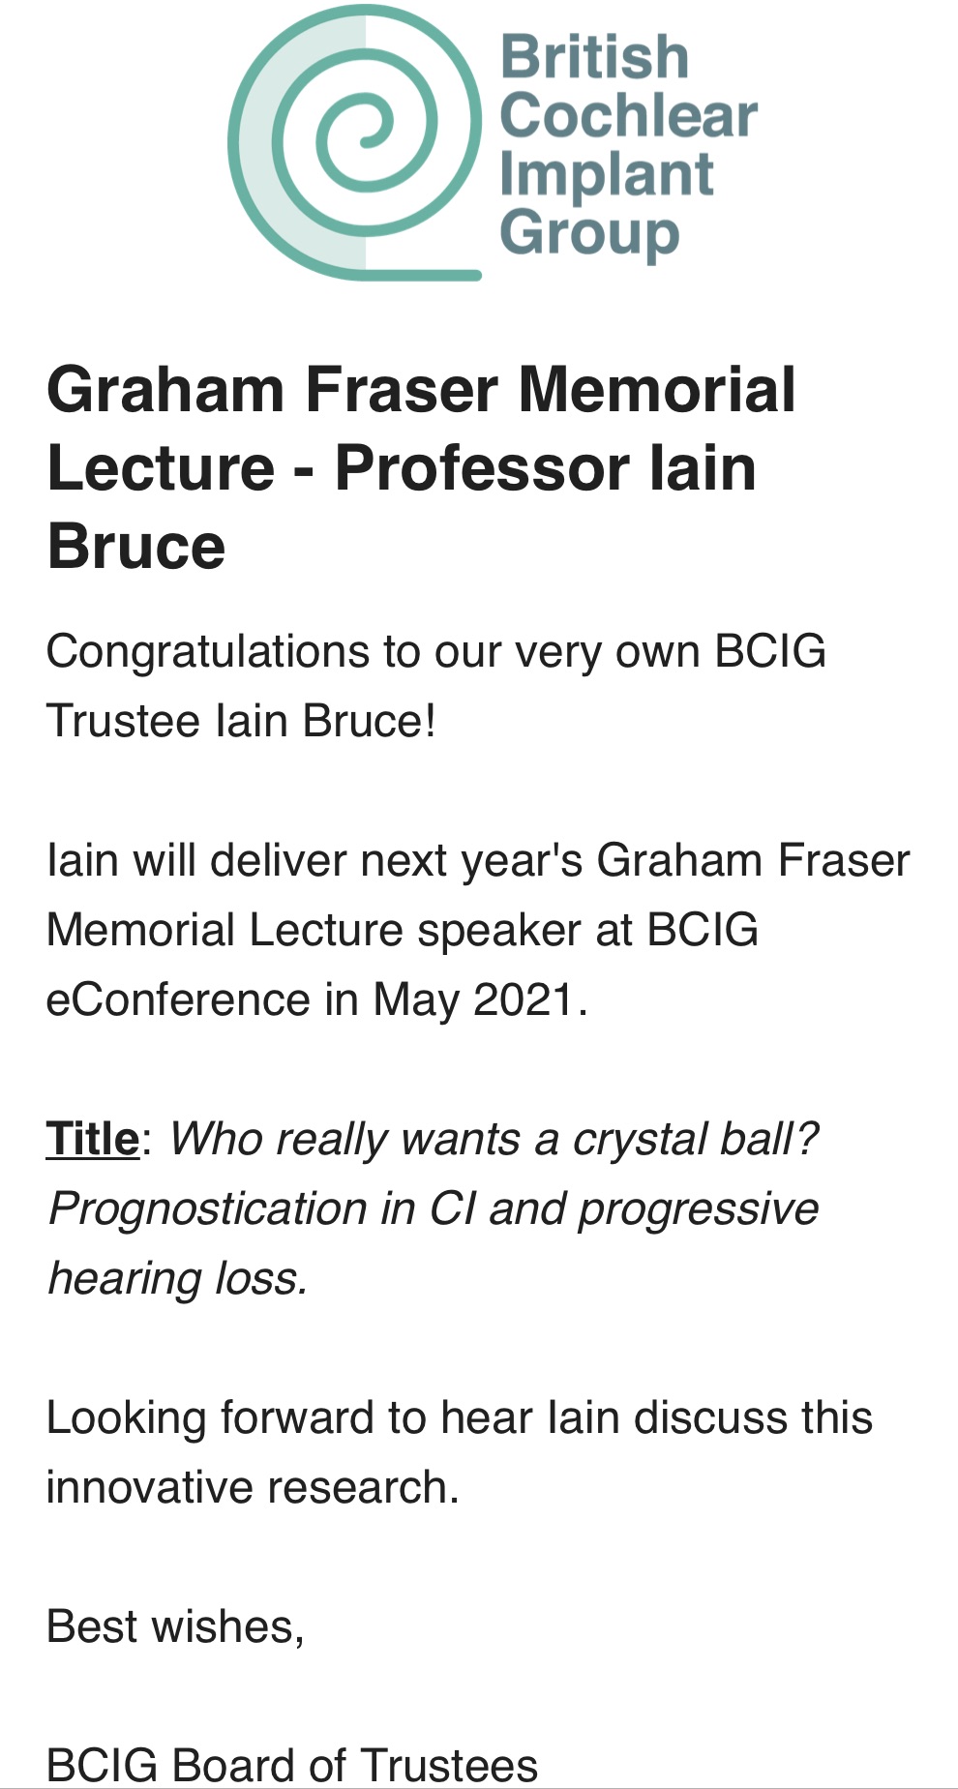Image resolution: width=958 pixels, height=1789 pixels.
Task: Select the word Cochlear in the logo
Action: point(629,115)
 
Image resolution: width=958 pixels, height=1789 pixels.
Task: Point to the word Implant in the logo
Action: point(607,176)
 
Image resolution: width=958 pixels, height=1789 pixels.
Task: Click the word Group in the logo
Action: point(590,234)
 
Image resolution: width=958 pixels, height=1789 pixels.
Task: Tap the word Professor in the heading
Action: point(481,468)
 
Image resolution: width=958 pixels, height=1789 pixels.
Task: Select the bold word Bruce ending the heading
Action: point(136,547)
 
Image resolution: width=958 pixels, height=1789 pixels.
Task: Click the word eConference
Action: point(177,999)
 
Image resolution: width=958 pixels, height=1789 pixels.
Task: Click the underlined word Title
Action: point(93,1139)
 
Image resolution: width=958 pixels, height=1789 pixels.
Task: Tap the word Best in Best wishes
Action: point(91,1626)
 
